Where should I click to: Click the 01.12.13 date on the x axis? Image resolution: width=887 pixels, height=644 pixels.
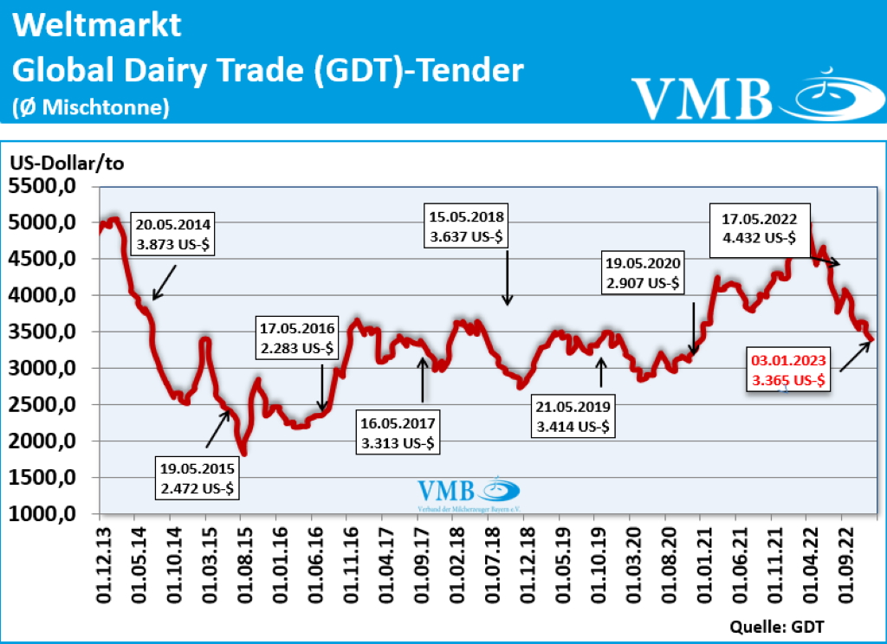[x=100, y=563]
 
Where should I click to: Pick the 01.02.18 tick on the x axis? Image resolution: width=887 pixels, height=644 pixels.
[x=456, y=563]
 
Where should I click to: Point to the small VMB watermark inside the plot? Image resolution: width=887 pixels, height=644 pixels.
[x=468, y=493]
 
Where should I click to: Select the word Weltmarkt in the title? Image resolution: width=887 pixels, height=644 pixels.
[x=98, y=25]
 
